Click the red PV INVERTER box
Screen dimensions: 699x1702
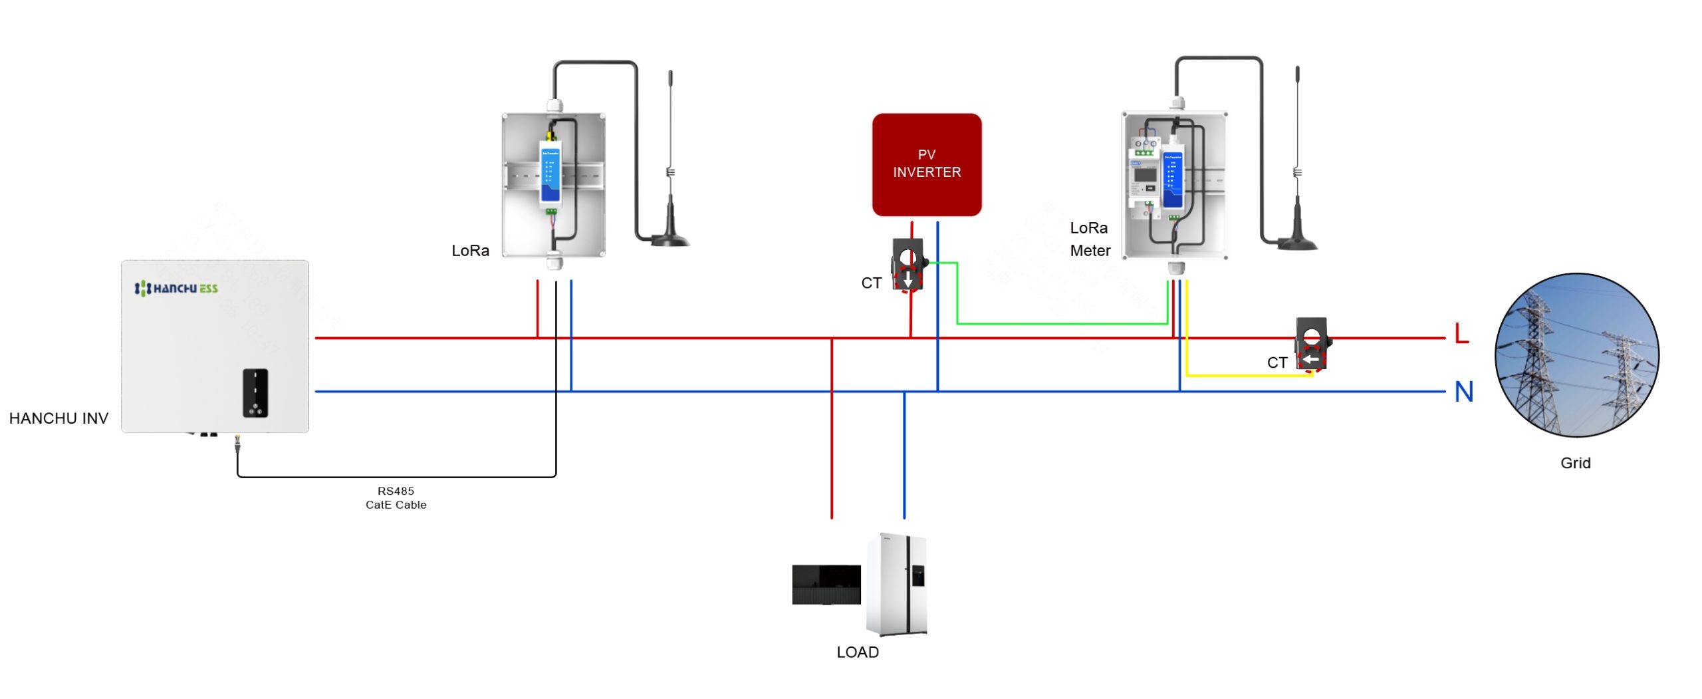[926, 164]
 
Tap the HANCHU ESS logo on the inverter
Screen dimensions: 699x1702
[176, 288]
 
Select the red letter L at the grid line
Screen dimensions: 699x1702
[1461, 333]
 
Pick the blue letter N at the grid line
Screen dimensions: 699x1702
[1463, 391]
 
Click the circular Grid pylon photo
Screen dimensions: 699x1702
[1576, 355]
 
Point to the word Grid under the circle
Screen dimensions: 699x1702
[1575, 463]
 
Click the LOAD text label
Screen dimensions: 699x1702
[857, 652]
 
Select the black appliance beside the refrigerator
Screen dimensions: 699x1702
[826, 584]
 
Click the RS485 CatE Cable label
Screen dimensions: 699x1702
[396, 497]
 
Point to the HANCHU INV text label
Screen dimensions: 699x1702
[59, 418]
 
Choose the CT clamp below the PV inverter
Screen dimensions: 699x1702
[908, 265]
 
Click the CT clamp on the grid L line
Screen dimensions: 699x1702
[1312, 345]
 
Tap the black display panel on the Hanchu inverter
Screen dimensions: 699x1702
[255, 392]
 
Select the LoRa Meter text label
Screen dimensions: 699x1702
[1089, 239]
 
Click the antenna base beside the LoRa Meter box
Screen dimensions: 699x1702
[1296, 242]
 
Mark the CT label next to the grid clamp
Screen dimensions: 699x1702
[1276, 362]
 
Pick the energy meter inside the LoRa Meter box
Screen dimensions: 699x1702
[1145, 176]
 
